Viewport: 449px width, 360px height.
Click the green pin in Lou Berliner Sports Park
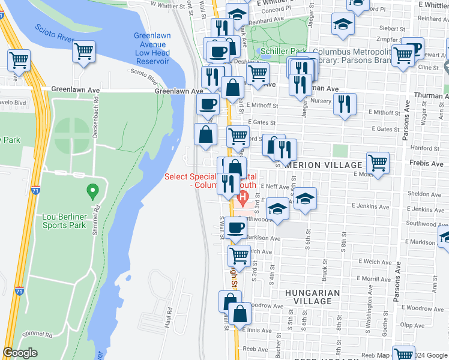coord(92,192)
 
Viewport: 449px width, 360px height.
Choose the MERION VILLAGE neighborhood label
coord(326,165)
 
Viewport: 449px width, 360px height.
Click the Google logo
coord(20,353)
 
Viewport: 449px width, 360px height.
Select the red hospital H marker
coord(243,197)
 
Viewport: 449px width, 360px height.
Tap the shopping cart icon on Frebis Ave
coord(378,162)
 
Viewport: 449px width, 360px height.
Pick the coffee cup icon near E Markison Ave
coord(237,229)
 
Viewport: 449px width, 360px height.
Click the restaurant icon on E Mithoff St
coord(344,103)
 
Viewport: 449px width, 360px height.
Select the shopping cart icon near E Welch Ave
coord(239,255)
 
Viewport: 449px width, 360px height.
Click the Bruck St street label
coord(324,274)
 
